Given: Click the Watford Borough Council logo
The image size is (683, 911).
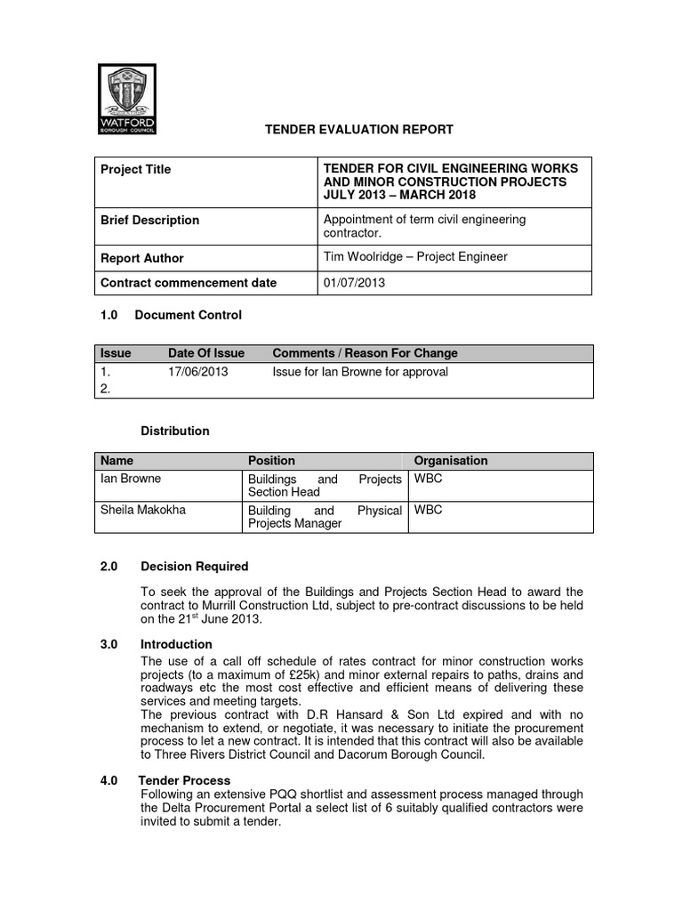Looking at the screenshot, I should pos(126,99).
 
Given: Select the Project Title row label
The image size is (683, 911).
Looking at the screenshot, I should pos(136,169).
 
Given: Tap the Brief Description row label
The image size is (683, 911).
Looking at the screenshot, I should pos(150,220).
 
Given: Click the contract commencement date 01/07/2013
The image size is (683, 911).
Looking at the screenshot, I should pos(354,283).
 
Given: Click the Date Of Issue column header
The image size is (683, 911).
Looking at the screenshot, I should pos(206,353).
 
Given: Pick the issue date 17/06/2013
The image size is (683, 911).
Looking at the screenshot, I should pos(197,372).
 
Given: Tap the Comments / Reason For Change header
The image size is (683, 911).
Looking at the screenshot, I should pos(365,353).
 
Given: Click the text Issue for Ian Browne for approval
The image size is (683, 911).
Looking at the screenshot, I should pos(360,372).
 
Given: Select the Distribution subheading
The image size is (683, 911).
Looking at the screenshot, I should pos(175,431).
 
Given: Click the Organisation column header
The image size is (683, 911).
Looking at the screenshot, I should pos(451,460).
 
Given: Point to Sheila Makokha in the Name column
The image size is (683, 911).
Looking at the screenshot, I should pos(139,511).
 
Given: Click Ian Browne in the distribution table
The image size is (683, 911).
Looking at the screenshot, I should pos(131,480).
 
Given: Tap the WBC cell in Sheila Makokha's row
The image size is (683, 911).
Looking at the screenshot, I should pos(428,511).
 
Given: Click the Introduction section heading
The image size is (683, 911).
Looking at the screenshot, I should pos(176,644).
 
